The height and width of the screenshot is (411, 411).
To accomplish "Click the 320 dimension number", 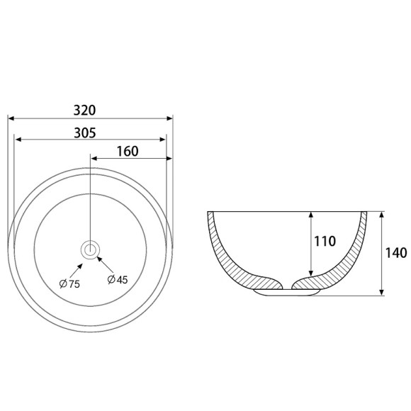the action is tap(84, 111).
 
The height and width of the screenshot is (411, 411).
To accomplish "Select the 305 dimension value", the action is tap(85, 133).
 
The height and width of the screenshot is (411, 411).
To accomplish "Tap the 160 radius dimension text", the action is tap(128, 152).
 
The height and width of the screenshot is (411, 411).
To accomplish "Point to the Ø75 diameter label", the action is tap(69, 284).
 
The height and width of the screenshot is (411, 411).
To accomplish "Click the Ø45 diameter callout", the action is tap(118, 280).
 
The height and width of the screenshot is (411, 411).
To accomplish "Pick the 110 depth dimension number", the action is tap(325, 241).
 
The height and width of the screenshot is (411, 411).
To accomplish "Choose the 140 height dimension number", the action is tap(396, 253).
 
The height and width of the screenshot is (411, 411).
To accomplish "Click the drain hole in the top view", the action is tap(91, 249).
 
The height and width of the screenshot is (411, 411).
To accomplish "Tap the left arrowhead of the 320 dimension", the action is tap(11, 118).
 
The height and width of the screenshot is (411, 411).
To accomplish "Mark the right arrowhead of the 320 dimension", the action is tap(170, 118).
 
